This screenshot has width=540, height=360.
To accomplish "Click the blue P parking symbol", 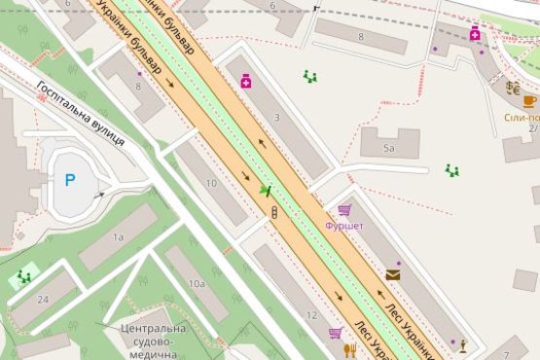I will click(69, 180).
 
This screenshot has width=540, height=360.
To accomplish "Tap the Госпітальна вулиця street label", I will click(80, 113).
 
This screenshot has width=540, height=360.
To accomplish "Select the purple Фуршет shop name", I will click(343, 226).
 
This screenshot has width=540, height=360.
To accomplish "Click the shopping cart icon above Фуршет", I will click(343, 209).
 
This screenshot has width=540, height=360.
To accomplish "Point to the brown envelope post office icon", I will click(392, 274).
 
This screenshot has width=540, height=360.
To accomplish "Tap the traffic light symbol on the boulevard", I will click(274, 212).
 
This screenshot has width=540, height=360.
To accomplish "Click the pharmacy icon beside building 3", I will click(246, 82).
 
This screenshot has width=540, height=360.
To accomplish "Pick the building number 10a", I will click(197, 283).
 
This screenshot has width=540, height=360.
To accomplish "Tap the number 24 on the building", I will click(43, 299).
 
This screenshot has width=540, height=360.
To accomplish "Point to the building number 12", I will click(311, 316).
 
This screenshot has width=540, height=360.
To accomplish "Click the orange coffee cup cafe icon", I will click(528, 100).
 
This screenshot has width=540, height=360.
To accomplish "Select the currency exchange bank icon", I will click(512, 88).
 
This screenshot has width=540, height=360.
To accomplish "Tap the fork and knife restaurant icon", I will click(350, 350).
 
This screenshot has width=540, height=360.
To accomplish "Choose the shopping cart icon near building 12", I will click(335, 334).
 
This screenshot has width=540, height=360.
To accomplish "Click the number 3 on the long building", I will click(276, 118).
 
